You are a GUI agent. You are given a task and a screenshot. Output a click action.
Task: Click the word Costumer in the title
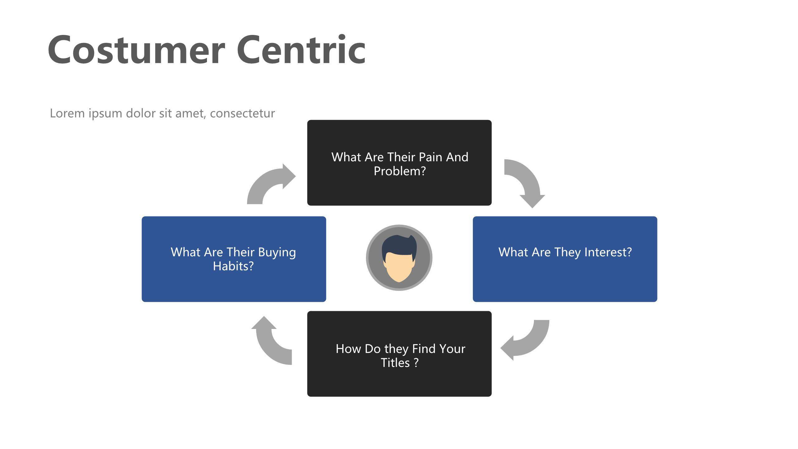click(x=136, y=50)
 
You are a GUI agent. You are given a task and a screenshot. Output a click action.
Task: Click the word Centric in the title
click(x=301, y=50)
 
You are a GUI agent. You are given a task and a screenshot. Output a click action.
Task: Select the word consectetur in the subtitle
click(x=242, y=113)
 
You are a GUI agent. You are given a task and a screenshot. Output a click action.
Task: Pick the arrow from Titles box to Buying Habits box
click(x=270, y=343)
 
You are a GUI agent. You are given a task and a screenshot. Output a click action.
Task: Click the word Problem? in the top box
click(x=400, y=171)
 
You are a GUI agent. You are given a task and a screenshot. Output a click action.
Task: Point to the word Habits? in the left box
click(x=233, y=266)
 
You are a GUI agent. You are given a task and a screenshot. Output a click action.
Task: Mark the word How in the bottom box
click(x=348, y=349)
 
